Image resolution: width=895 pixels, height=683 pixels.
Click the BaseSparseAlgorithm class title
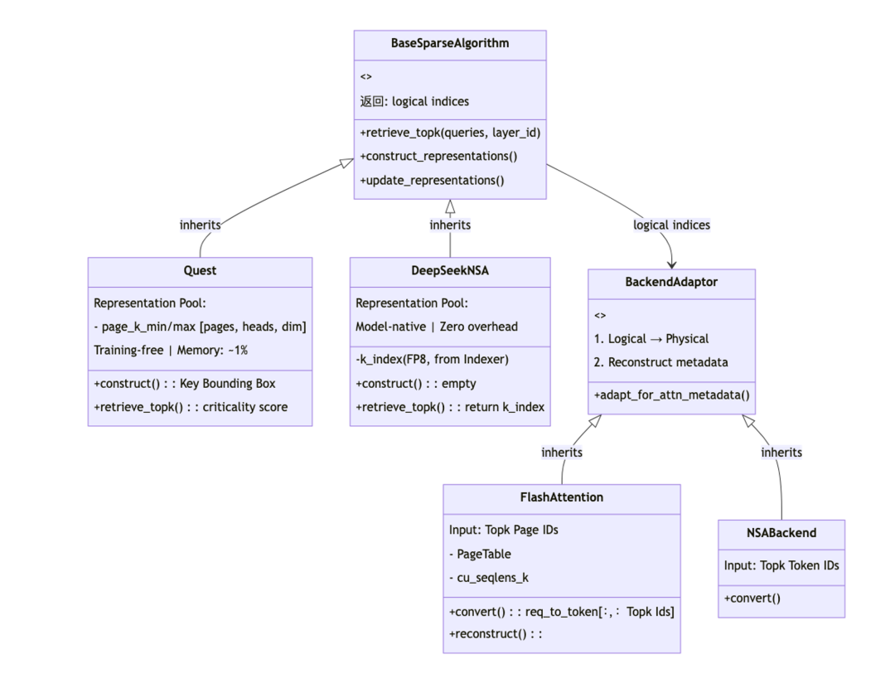[x=450, y=43]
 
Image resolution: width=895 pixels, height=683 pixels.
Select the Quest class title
[x=200, y=271]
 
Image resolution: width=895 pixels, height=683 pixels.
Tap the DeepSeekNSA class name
[x=450, y=271]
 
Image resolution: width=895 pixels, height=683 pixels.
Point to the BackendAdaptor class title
[x=671, y=282]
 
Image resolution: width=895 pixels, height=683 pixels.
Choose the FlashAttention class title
[x=562, y=497]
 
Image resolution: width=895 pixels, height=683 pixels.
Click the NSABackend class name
[x=781, y=533]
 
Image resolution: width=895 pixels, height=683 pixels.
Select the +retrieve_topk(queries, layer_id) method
[x=450, y=133]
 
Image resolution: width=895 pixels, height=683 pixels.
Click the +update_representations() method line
[x=432, y=181]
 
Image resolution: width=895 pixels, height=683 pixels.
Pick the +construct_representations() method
[x=438, y=157]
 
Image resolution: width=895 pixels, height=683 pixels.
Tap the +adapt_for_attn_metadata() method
[x=672, y=395]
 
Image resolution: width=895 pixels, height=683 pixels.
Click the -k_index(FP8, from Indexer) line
[x=432, y=359]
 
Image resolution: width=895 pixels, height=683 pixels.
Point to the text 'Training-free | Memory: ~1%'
[x=171, y=350]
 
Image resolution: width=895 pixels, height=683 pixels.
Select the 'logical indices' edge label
[x=671, y=225]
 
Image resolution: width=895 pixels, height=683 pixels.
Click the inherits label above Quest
[x=200, y=225]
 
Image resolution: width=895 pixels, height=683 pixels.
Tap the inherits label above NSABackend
[x=781, y=453]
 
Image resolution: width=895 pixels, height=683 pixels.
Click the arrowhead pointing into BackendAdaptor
[x=672, y=264]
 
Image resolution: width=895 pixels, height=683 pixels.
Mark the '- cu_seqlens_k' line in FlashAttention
[x=489, y=578]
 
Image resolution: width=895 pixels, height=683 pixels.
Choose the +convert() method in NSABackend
[x=752, y=598]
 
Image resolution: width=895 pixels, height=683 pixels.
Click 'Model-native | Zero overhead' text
[x=437, y=327]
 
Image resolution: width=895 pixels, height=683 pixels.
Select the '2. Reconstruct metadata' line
[x=661, y=362]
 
